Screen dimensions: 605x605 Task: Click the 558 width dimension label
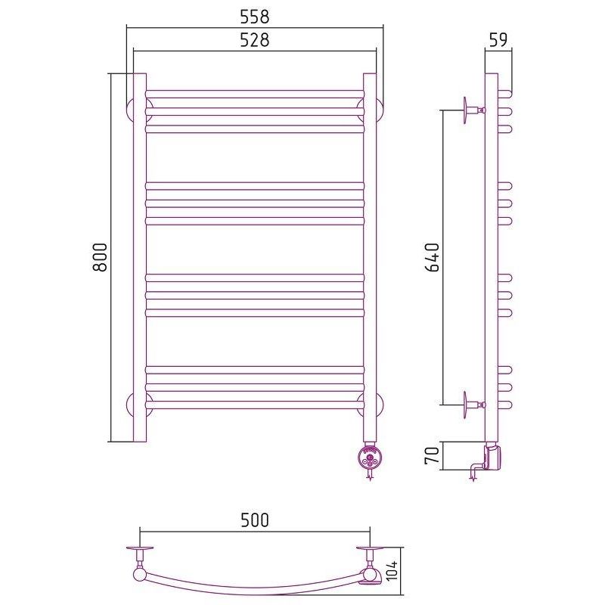[255, 17]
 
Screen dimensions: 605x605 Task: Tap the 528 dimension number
[255, 40]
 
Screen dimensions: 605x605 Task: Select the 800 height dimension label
[100, 257]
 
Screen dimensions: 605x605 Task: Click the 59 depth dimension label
[498, 39]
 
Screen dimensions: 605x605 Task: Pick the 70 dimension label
[432, 456]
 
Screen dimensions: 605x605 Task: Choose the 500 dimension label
[255, 520]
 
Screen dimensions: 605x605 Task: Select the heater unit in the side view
[493, 457]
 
